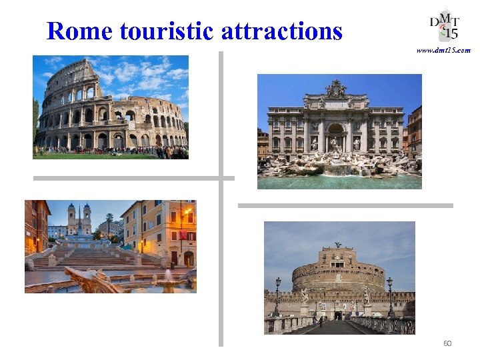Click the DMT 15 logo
point(443,25)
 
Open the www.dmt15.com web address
point(443,50)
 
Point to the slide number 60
point(447,343)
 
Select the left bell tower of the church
point(71,217)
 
